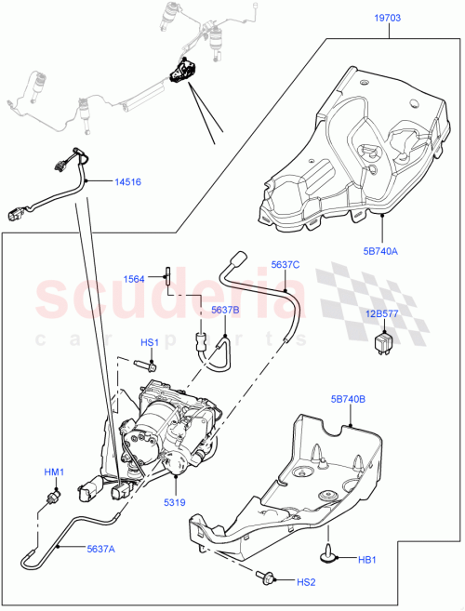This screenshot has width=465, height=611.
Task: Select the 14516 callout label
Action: coord(127,182)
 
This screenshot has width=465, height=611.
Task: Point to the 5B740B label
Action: coord(347,400)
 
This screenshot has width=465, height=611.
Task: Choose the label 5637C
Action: coord(286,265)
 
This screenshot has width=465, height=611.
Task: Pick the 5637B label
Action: coord(225,310)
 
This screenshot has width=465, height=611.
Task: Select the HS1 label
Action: coord(149,342)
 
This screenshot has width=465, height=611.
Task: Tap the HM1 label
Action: coord(54,473)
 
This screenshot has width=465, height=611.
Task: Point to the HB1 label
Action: coord(369,559)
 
